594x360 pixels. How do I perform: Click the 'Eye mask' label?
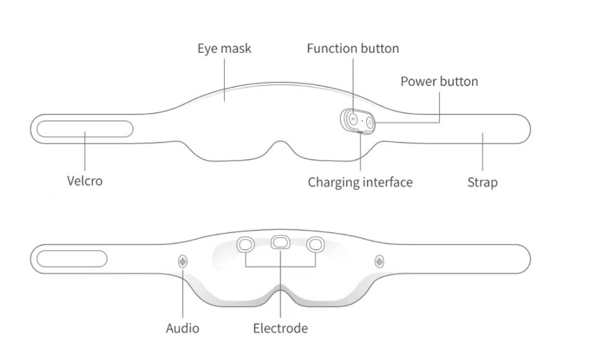point(224,49)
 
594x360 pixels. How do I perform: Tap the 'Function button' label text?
point(353,49)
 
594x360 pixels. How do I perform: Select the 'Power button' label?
point(438,81)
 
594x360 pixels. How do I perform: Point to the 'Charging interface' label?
point(360,182)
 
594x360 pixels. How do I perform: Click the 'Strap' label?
point(482,182)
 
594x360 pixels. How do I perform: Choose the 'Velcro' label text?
point(85,181)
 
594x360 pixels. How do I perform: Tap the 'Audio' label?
point(182,329)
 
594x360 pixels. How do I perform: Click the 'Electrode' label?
point(280,329)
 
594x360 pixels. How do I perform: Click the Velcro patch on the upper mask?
point(85,129)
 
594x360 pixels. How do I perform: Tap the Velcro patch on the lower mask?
point(72,258)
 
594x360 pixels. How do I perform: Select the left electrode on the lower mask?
point(246,244)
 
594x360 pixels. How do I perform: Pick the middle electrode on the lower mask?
point(280,243)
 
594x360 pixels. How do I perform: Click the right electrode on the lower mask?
point(314,244)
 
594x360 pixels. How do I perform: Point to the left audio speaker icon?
point(183,261)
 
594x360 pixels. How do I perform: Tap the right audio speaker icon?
point(378,261)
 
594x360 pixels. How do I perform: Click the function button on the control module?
point(352,119)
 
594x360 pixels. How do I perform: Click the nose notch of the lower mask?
point(280,291)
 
